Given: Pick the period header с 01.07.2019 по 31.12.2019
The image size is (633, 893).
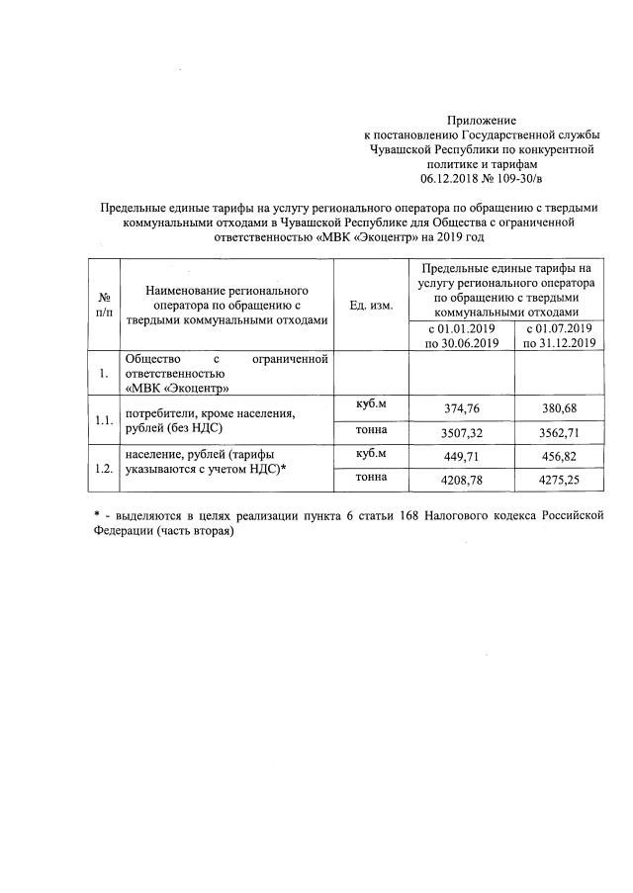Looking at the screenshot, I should pos(558,336).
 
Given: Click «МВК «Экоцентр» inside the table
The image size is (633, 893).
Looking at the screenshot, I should pos(177,388).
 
